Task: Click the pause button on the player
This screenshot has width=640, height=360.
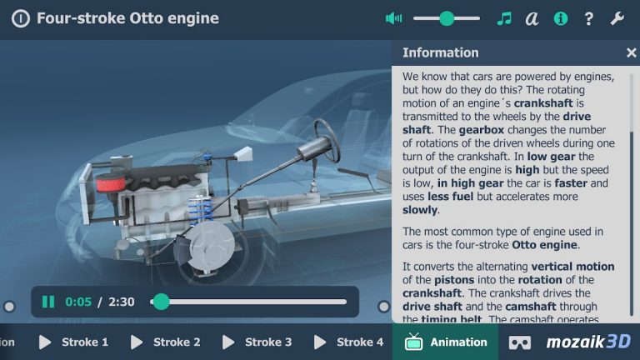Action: tap(48, 302)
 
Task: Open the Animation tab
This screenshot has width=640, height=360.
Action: tap(446, 342)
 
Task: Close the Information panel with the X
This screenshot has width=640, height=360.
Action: tap(631, 52)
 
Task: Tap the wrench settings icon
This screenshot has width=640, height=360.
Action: tap(617, 18)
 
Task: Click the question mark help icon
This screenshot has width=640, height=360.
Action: tap(589, 18)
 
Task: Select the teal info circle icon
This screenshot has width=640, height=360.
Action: tap(561, 18)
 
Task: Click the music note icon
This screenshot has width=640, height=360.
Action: tap(503, 18)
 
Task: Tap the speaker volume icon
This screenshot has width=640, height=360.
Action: tap(393, 18)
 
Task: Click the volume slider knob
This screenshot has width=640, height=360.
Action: tap(447, 18)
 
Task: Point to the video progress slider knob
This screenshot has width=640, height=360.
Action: tap(162, 302)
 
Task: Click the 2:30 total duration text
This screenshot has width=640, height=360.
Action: tap(122, 302)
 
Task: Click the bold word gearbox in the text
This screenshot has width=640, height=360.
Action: tap(481, 130)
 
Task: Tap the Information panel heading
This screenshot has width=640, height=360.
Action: tap(440, 52)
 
